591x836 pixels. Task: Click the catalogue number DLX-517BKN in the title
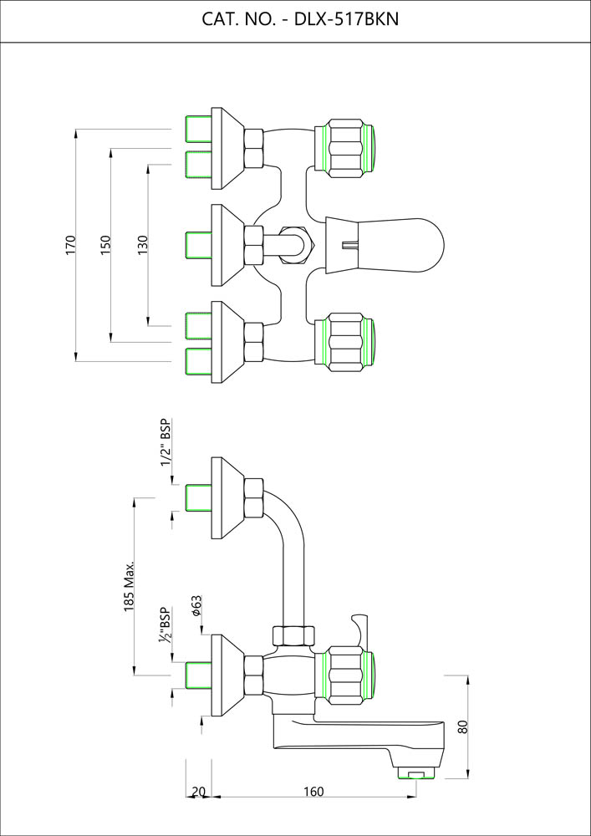(x=346, y=20)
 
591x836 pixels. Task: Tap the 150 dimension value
(x=105, y=244)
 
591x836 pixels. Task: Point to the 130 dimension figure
(x=143, y=244)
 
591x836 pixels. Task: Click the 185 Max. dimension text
(x=129, y=587)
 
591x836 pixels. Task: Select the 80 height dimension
(x=462, y=726)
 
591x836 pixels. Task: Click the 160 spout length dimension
(x=313, y=791)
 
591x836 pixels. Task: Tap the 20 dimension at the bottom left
(x=198, y=792)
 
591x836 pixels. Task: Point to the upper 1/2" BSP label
(x=166, y=442)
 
